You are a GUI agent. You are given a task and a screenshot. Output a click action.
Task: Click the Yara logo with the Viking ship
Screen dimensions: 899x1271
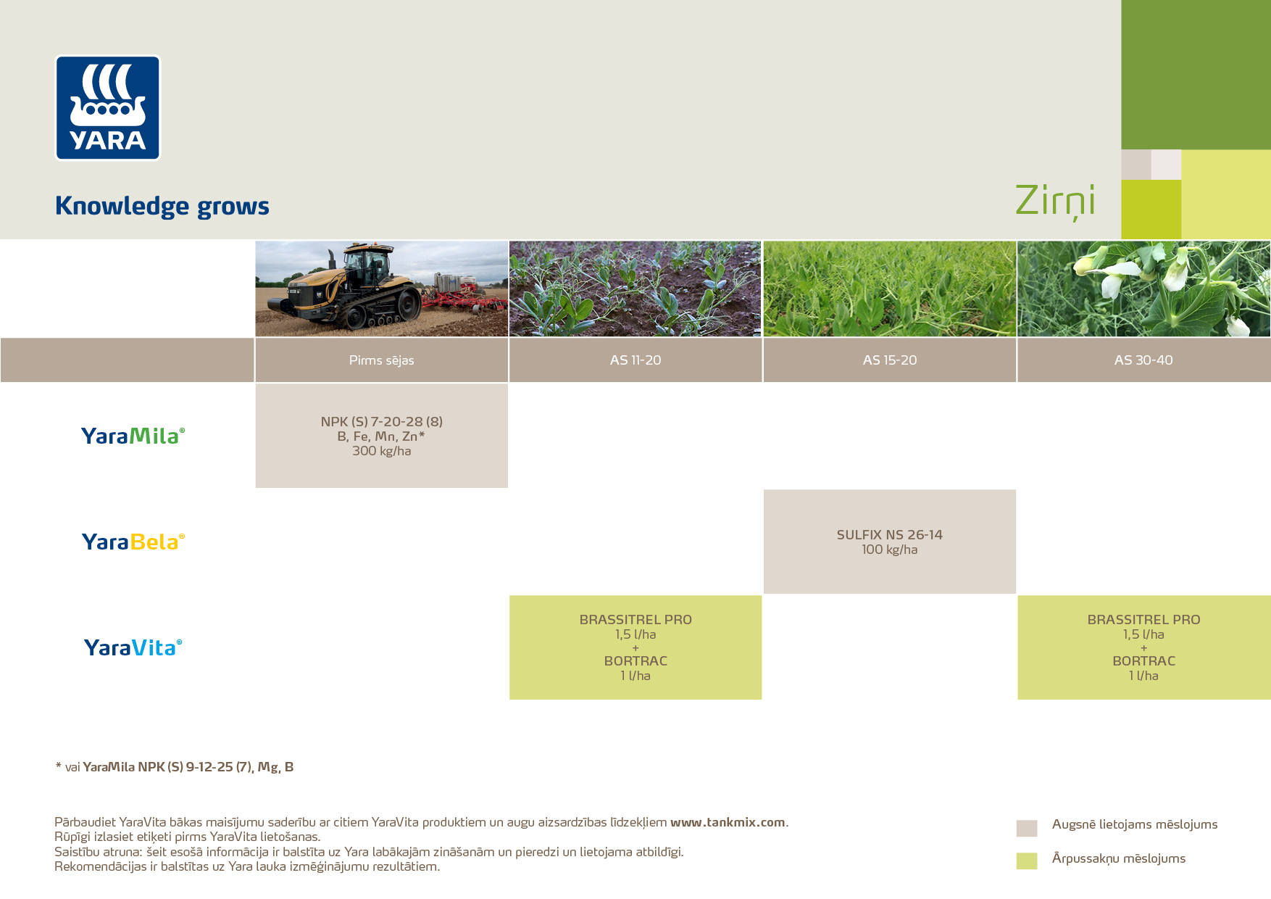[x=107, y=107]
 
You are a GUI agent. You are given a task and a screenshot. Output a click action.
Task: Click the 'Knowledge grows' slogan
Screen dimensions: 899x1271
[x=162, y=206]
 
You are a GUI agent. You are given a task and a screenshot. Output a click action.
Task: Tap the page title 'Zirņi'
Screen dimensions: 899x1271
[x=1054, y=200]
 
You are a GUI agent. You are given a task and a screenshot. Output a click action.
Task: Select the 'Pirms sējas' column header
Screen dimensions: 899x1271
[x=381, y=360]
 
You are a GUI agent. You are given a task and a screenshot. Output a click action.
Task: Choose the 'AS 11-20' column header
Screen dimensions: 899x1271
[x=635, y=360]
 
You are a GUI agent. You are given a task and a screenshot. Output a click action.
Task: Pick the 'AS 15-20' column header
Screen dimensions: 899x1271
[x=889, y=360]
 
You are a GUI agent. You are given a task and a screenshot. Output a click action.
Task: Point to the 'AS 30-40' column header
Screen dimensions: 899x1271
[x=1143, y=360]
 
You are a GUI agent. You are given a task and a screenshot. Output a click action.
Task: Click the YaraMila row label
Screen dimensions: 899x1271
[x=133, y=436]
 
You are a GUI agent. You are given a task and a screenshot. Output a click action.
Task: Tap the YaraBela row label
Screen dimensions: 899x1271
[x=133, y=542]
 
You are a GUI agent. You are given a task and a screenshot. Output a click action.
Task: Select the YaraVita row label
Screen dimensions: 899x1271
[x=133, y=647]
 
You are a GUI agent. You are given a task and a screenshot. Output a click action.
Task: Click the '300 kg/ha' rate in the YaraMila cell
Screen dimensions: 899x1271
[x=381, y=451]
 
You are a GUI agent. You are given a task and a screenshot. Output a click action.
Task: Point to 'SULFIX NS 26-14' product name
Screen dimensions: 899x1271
[x=889, y=535]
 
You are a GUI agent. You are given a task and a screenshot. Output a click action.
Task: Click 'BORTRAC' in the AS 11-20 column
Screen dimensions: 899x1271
[x=635, y=661]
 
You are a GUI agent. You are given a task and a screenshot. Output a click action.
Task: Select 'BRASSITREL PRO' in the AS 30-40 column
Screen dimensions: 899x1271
[x=1143, y=620]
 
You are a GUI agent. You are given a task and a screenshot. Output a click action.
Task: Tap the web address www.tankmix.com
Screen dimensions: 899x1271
[x=728, y=822]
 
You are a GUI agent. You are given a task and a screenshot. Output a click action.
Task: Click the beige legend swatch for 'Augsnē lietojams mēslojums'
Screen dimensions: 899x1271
[x=1026, y=828]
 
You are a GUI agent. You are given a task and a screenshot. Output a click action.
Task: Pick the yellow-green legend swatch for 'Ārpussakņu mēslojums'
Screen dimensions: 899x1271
[x=1026, y=861]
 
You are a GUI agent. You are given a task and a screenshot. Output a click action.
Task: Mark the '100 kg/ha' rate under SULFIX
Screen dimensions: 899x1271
[x=889, y=550]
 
